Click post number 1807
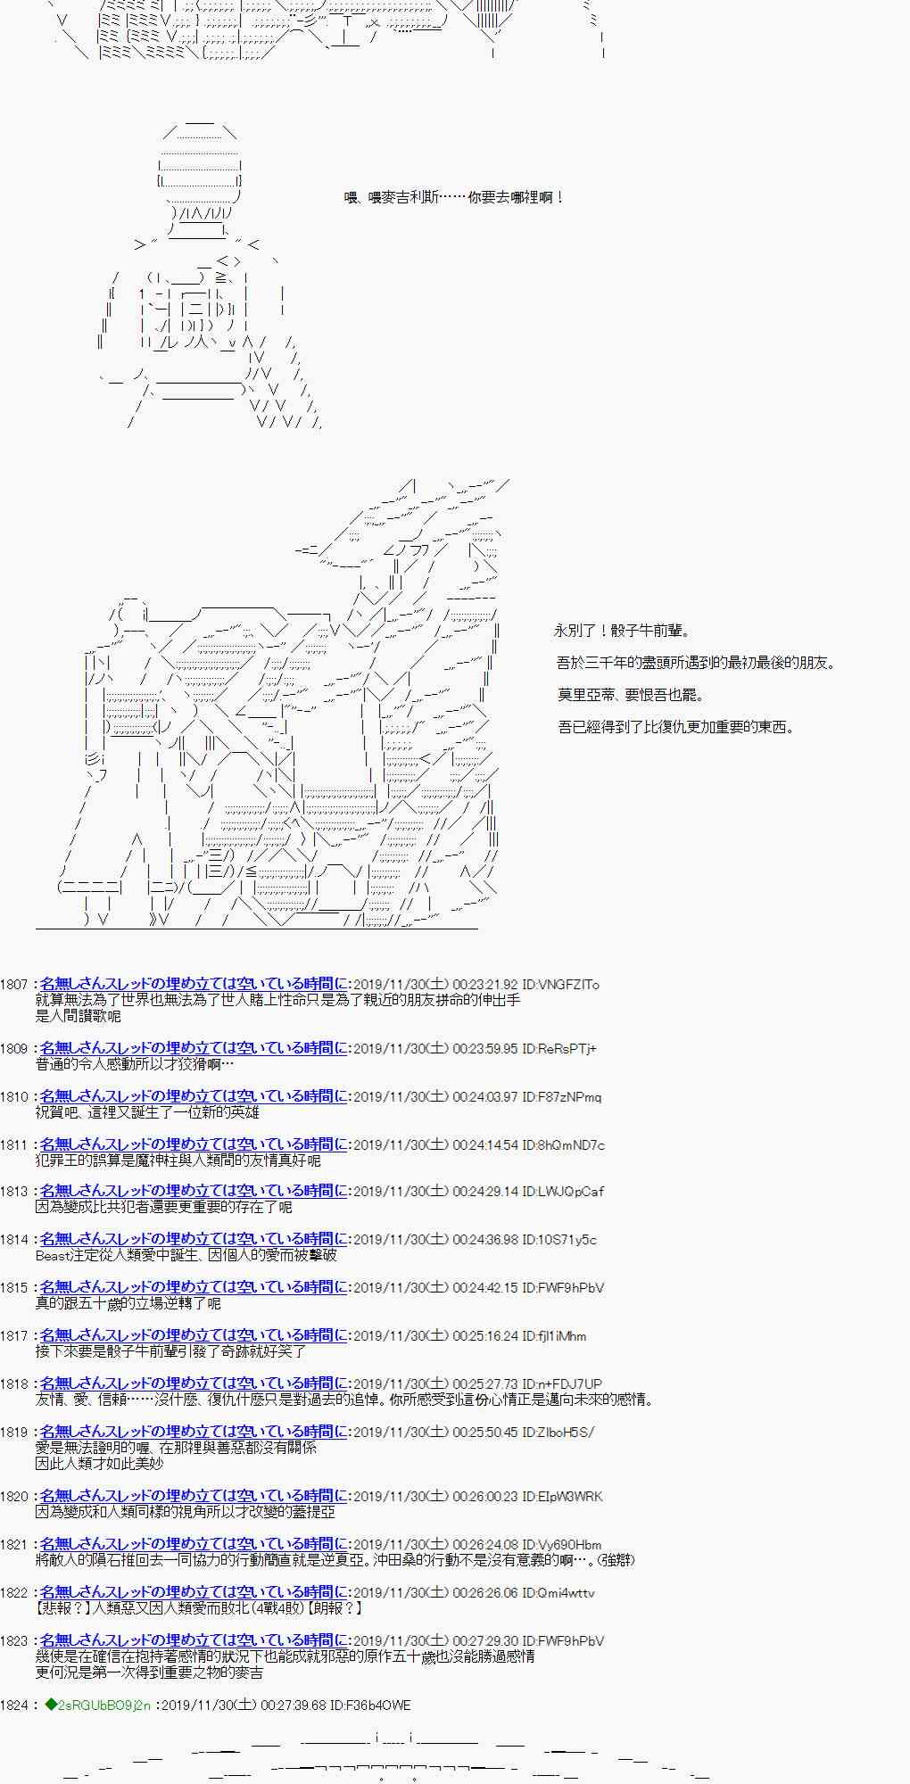pos(14,985)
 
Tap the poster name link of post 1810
pos(194,1097)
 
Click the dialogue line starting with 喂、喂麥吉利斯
pos(454,198)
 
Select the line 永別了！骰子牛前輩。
pos(622,631)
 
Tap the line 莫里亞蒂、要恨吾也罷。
pos(631,695)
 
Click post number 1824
pos(14,1706)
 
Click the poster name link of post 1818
pos(194,1384)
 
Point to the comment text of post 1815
pos(128,1303)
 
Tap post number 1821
pos(14,1545)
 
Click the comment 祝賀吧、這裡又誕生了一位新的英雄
pos(147,1112)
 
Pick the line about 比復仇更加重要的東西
pos(675,727)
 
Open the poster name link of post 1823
pos(194,1641)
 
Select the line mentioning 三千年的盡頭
pos(696,663)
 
